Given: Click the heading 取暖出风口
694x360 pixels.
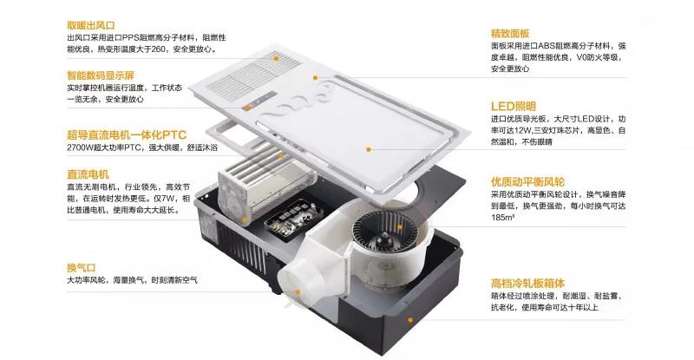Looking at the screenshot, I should click(95, 23).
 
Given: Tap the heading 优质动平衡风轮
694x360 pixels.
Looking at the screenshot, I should click(527, 182).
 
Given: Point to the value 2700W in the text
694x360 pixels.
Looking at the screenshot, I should click(81, 148).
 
